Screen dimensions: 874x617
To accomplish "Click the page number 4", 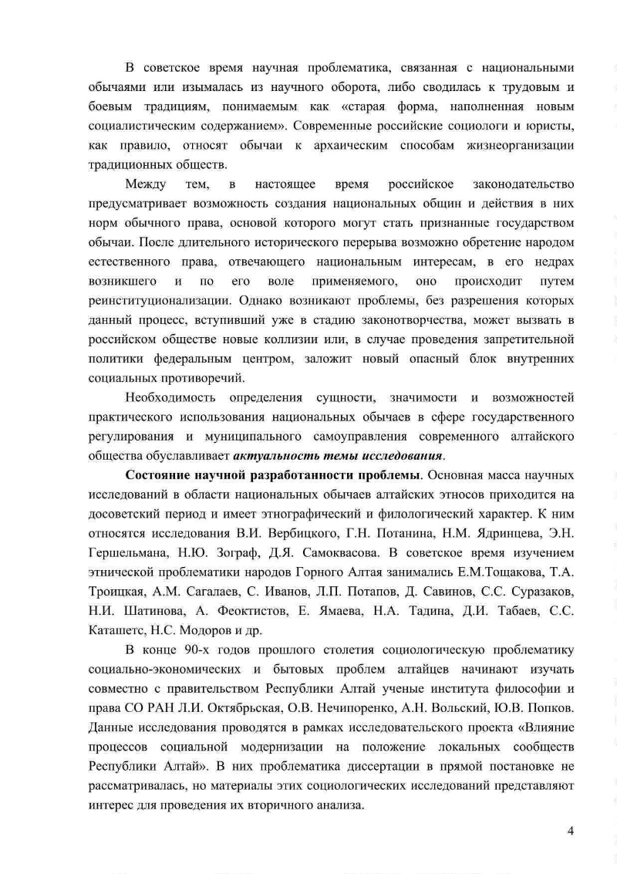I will coord(571,831).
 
